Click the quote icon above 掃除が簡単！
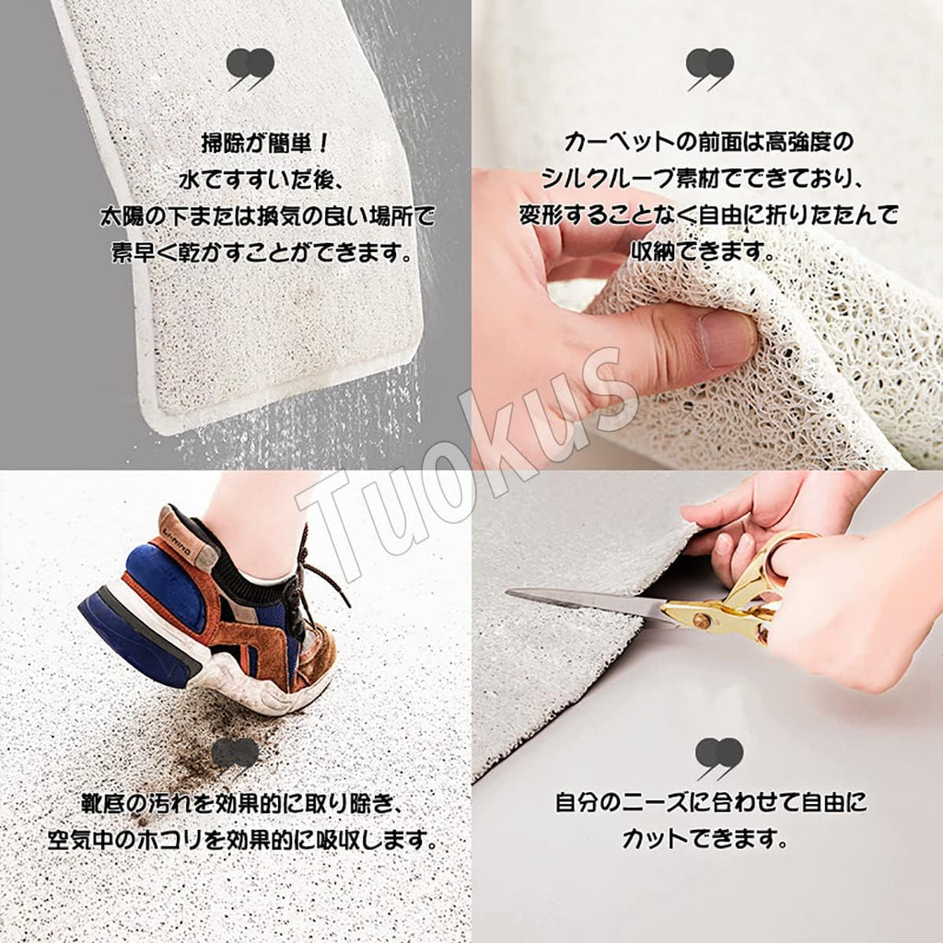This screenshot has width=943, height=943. (250, 68)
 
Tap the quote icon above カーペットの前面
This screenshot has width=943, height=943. (710, 68)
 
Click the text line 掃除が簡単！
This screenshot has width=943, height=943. (265, 144)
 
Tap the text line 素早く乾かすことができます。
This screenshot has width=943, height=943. (262, 252)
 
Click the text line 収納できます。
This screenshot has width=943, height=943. (703, 250)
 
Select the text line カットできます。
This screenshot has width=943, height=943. (704, 838)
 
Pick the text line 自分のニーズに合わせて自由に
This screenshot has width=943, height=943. (710, 802)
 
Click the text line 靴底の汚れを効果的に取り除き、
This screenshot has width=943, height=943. (241, 803)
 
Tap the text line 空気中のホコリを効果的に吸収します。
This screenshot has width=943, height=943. (243, 840)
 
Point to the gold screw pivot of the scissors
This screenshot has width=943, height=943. (701, 620)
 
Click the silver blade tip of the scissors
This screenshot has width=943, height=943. (510, 592)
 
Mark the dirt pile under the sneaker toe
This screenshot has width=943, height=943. (199, 739)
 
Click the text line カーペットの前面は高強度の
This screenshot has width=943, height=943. (708, 143)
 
